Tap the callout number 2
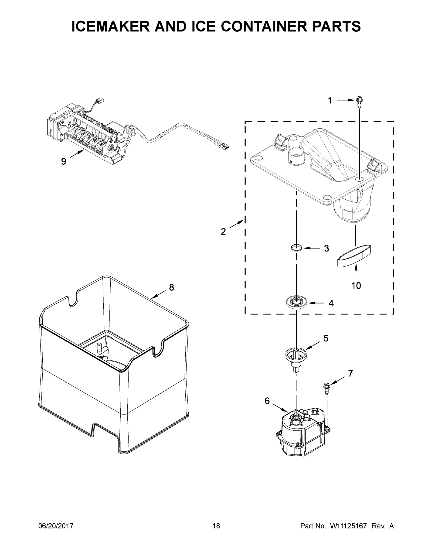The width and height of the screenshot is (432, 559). pos(223,232)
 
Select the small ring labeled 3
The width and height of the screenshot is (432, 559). pos(297,248)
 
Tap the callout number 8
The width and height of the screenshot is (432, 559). pos(171,287)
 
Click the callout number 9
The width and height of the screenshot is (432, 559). pos(64,161)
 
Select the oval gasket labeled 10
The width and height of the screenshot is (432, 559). pos(354,256)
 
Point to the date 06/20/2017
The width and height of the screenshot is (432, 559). pos(56,526)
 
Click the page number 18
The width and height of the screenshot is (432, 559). pos(216,526)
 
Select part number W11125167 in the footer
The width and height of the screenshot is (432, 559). pos(348,526)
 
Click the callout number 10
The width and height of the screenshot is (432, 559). pos(356,285)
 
